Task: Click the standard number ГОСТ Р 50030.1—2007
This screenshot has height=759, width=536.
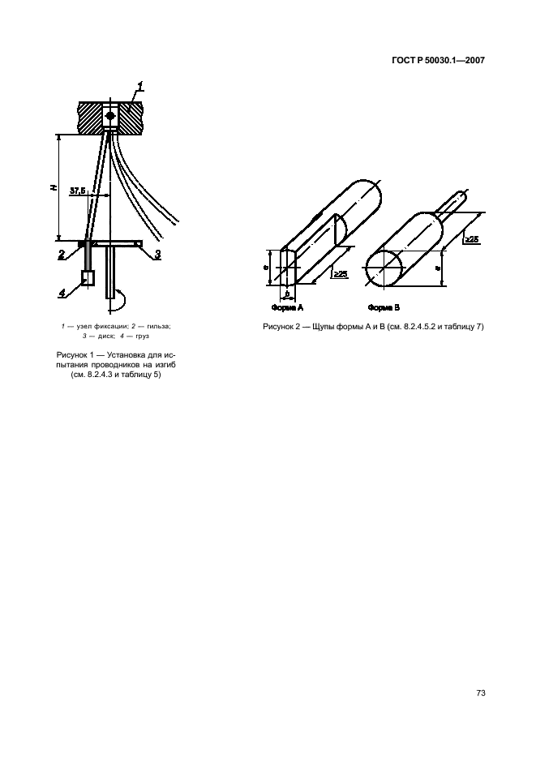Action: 437,61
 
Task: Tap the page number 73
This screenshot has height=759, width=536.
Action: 481,693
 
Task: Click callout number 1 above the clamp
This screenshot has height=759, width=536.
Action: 140,87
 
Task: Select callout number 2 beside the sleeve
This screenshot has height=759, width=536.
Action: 62,255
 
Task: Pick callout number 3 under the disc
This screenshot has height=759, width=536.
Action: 158,255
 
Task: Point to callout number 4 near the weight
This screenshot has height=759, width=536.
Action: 62,293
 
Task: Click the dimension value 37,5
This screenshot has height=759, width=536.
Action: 78,191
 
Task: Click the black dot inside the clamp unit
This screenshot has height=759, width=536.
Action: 110,116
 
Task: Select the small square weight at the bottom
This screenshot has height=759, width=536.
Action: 88,277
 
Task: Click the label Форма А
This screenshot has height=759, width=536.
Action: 287,307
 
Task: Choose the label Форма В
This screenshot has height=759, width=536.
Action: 384,307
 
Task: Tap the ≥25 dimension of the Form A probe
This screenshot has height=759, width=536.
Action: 341,274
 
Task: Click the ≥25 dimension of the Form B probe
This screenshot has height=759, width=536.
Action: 471,239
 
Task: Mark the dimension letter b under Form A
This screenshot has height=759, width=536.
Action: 287,294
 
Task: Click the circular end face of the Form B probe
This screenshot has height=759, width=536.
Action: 384,268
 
